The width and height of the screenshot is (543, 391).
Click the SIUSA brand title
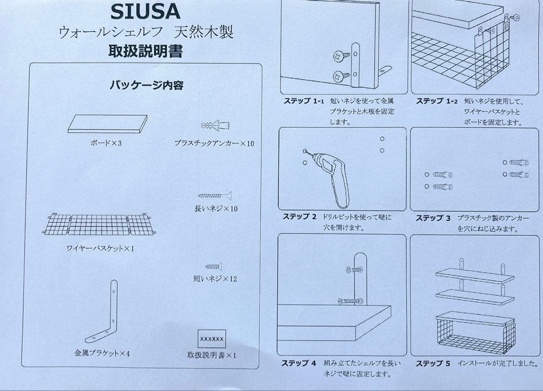145,11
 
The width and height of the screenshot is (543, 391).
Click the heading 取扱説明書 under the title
145,51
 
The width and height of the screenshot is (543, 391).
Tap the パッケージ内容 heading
146,85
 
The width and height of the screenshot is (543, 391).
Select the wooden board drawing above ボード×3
108,124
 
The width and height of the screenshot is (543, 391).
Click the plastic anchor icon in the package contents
216,125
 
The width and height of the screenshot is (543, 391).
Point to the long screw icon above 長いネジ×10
215,196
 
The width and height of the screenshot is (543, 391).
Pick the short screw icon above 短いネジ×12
213,266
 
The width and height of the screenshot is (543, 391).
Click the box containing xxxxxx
212,339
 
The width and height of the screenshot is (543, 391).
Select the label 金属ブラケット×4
102,353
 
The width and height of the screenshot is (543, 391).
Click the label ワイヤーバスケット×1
100,248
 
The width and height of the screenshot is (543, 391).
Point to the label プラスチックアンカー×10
214,143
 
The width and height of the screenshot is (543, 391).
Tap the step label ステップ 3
433,218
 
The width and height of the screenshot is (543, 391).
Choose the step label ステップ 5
433,363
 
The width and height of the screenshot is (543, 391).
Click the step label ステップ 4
299,363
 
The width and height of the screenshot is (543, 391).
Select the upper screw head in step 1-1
338,56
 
